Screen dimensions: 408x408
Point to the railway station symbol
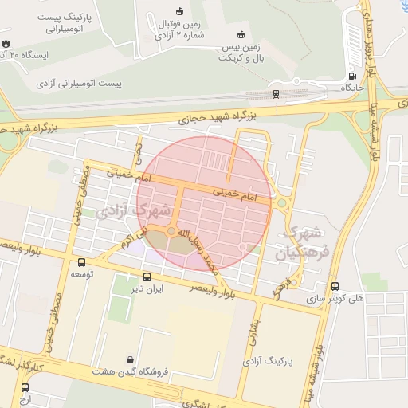[276, 93]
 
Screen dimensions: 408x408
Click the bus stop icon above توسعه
[81, 262]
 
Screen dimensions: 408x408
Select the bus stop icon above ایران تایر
[144, 278]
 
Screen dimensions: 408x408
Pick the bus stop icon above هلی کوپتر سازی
[335, 286]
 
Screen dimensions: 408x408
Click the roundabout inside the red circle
[171, 231]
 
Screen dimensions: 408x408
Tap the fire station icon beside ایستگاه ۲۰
[6, 44]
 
